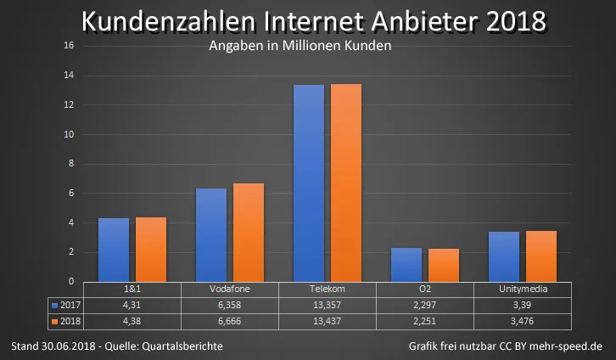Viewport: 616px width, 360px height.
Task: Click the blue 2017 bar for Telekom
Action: (309, 183)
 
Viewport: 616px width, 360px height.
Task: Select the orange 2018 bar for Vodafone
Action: (249, 233)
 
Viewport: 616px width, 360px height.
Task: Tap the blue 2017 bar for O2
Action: (406, 265)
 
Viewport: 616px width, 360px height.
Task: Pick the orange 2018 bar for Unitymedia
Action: (541, 256)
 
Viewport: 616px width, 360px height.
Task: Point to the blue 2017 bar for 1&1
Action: (114, 250)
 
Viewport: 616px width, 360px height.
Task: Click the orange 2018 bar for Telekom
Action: (346, 183)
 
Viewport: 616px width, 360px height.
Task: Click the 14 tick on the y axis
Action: (69, 75)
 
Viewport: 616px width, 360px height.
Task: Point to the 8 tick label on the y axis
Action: (71, 164)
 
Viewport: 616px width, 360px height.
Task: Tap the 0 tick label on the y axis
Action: (71, 281)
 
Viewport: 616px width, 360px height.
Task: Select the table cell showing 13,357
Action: (328, 306)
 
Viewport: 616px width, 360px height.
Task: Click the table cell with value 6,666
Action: (230, 322)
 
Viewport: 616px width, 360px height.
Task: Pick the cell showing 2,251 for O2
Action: (425, 322)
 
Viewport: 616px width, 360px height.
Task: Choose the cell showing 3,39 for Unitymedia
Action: (523, 306)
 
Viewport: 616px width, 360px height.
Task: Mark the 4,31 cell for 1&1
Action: (132, 306)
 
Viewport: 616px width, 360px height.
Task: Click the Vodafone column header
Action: (230, 290)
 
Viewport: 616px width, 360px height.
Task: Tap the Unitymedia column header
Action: (523, 290)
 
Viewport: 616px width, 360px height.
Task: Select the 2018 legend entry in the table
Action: (66, 322)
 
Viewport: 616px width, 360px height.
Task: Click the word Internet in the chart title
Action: (313, 21)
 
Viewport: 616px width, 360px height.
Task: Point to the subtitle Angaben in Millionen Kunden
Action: (300, 46)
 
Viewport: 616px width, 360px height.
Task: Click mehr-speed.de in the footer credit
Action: (566, 346)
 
